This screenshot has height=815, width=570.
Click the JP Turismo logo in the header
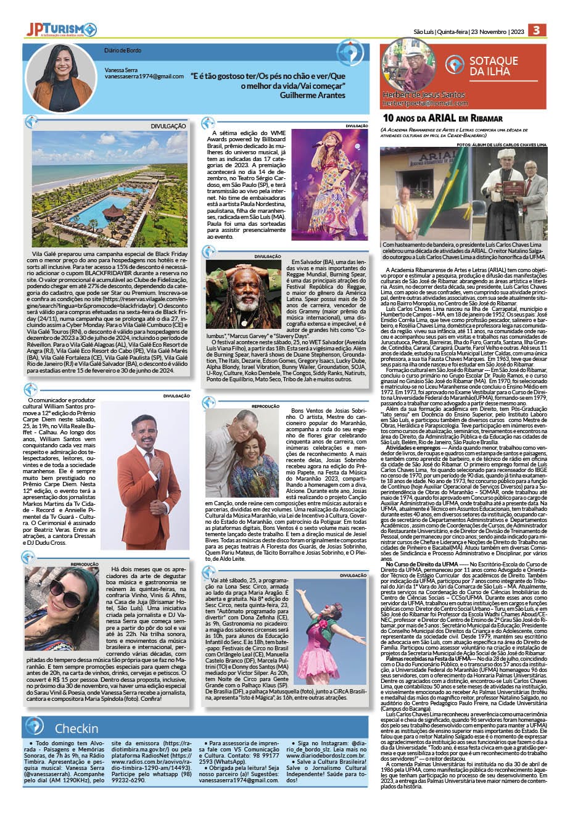(x=61, y=30)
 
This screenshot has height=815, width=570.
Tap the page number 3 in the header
(x=537, y=30)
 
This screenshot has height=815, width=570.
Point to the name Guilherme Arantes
(x=313, y=96)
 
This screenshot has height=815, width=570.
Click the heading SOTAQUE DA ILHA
(x=494, y=66)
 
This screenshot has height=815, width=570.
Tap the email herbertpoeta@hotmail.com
(x=425, y=104)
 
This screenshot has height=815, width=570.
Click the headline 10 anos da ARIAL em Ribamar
(x=443, y=117)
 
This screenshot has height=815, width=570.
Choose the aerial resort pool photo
(x=110, y=188)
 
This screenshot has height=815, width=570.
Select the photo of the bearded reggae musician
(x=242, y=295)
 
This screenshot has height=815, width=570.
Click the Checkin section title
(x=76, y=728)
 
